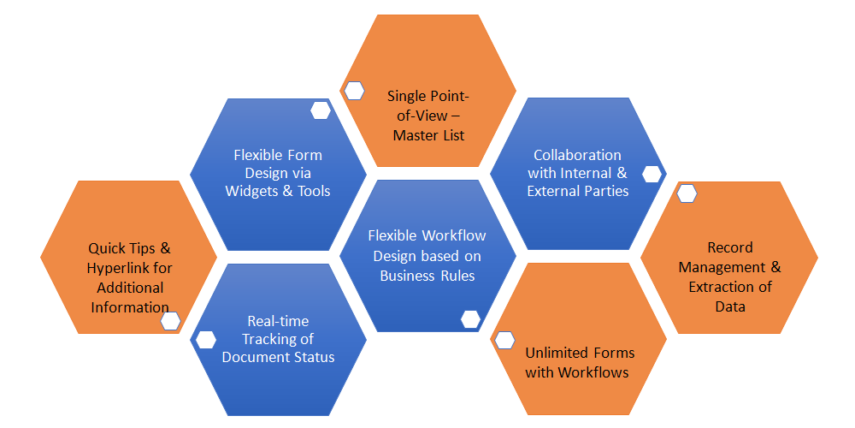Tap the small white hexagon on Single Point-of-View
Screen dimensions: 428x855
[x=353, y=90]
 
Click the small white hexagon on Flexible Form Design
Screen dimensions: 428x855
[x=321, y=110]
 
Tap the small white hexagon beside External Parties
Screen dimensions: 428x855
[x=652, y=174]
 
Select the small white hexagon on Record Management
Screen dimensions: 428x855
[x=687, y=193]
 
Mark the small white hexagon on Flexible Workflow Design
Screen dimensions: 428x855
[x=470, y=319]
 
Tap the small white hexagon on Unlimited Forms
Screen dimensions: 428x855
[x=504, y=340]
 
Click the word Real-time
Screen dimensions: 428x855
[x=278, y=321]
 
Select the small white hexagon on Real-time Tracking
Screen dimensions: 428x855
[x=206, y=340]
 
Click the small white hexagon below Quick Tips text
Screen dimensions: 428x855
[x=170, y=321]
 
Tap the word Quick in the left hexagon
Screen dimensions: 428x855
[x=107, y=248]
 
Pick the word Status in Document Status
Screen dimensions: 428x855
[x=312, y=357]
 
